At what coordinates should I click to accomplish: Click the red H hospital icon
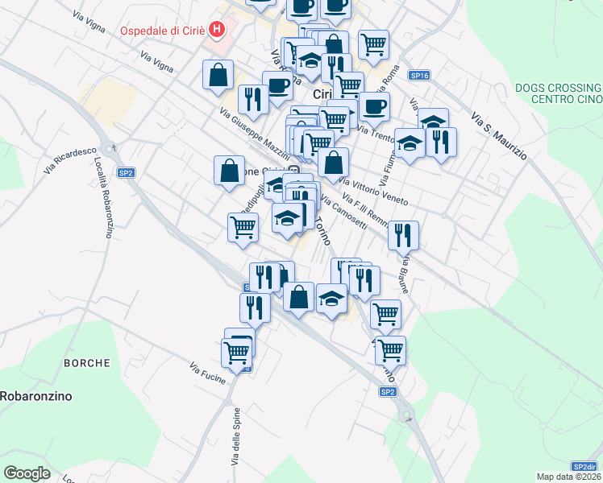216,31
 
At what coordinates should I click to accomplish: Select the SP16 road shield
418,75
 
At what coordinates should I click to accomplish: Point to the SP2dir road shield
584,466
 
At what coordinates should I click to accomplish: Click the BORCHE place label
87,363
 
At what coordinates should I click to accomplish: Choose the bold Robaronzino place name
36,396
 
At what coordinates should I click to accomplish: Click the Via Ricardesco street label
71,158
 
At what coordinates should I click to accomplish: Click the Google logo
27,473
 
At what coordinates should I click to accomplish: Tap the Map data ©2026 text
568,477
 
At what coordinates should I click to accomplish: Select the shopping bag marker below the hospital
218,75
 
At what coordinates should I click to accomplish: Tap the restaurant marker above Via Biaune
403,235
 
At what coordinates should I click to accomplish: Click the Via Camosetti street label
345,213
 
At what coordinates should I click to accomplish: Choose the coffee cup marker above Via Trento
373,106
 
